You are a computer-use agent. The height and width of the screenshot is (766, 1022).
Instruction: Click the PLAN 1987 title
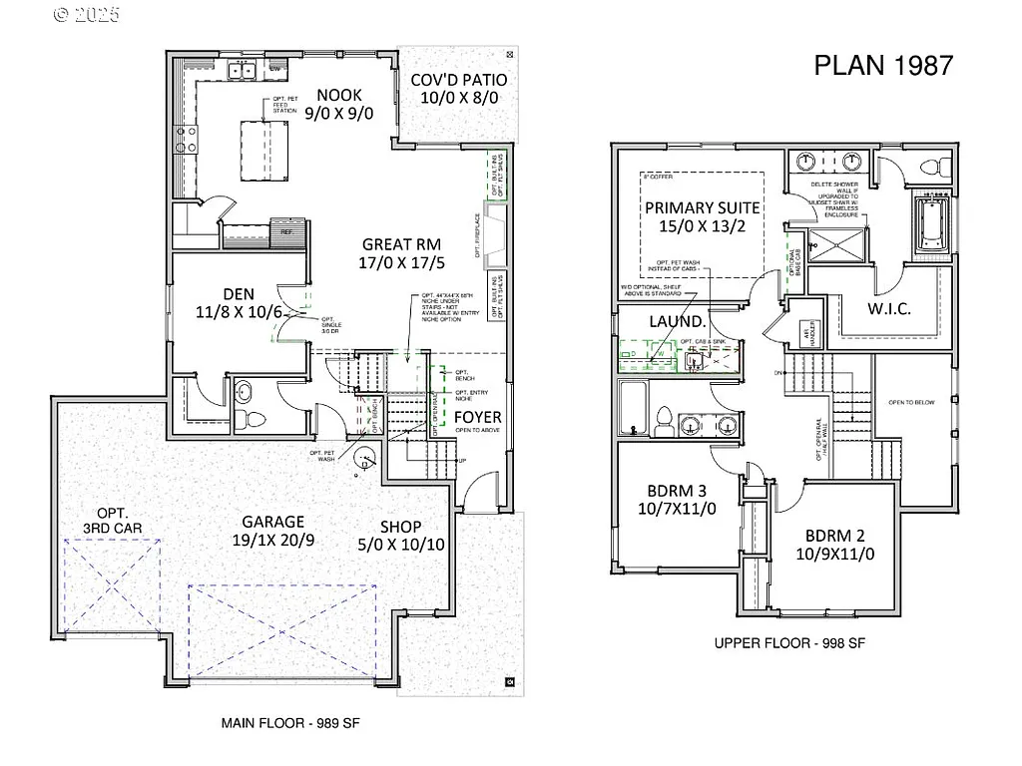pos(883,65)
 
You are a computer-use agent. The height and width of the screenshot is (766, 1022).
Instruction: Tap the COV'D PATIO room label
pos(459,89)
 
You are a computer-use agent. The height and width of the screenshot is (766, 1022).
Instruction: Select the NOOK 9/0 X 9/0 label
pos(339,104)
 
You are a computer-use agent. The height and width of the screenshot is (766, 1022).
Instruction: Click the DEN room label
pos(240,303)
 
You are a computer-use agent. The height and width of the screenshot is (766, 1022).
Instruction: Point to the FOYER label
pos(478,417)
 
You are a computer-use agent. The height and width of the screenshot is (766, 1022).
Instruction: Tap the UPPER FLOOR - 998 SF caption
pos(789,643)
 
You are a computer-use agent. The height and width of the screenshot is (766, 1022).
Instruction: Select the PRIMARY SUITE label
pos(703,217)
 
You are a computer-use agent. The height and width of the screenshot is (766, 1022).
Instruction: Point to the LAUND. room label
pos(678,321)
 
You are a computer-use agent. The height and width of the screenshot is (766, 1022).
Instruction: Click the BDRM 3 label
pos(674,500)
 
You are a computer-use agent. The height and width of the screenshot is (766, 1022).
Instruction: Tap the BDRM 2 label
pos(835,543)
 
